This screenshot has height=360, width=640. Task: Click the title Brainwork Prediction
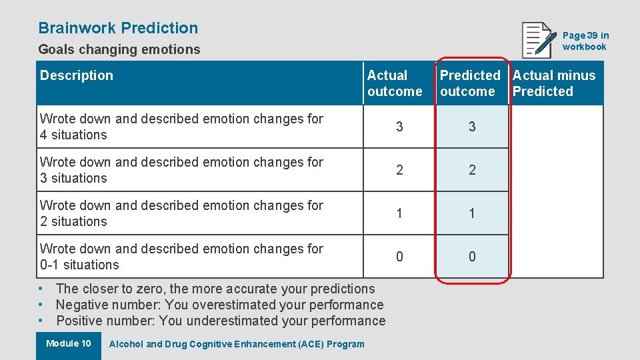118,28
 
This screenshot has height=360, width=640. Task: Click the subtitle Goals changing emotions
119,49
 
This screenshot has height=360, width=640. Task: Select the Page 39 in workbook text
585,41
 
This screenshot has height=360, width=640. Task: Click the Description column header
77,75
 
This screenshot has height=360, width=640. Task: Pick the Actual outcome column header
395,83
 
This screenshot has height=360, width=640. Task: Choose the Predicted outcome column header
469,83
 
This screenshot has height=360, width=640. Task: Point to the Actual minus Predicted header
553,83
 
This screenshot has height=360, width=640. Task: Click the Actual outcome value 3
399,127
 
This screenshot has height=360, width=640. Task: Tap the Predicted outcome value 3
472,127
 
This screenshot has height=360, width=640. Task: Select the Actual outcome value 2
399,170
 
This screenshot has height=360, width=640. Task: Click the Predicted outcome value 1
472,213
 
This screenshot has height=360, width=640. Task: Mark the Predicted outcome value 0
472,257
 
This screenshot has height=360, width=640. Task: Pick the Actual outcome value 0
399,257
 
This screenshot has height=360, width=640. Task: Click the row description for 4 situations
181,127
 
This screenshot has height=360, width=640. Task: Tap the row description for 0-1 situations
181,257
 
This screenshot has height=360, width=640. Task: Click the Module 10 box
68,344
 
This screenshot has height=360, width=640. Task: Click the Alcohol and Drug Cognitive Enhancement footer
237,344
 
